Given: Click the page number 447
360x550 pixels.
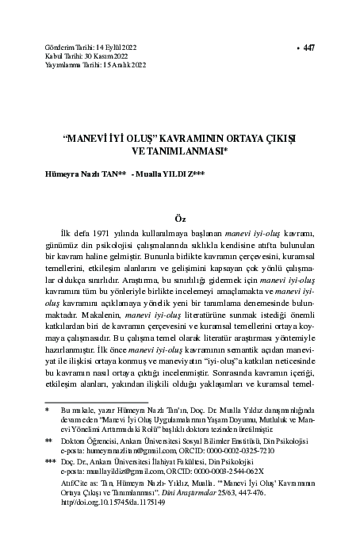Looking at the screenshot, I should point(308,48).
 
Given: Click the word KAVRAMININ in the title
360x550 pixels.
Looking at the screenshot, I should point(189,136).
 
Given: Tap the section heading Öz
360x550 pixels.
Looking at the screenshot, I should point(179,216).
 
